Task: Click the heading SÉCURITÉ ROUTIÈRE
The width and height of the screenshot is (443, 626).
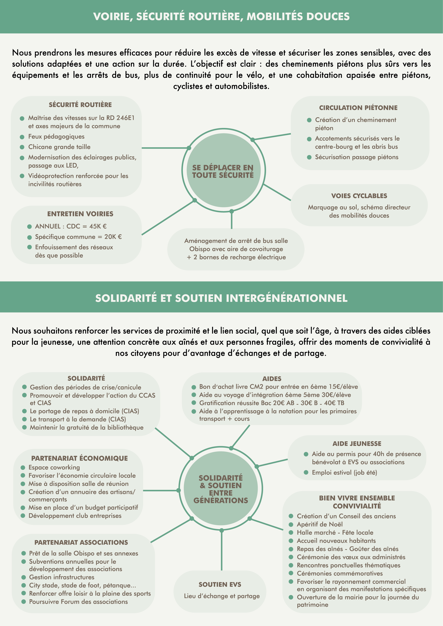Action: pos(80,105)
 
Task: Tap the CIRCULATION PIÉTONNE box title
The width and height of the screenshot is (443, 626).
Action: pos(358,108)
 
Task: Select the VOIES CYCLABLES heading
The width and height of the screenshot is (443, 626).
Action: pos(359,196)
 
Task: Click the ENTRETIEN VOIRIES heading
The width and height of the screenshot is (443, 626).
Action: pos(80,214)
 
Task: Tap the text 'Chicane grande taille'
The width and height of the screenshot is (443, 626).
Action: pos(59,147)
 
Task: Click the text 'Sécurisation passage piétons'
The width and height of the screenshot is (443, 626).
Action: pos(357,157)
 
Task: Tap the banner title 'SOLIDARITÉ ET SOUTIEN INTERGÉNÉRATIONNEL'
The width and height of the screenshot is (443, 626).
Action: pos(221,298)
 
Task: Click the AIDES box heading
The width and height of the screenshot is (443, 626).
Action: pos(272,379)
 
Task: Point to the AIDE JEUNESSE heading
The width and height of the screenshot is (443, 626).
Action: pos(357,444)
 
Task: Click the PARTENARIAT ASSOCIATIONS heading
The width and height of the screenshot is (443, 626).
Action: pos(81,542)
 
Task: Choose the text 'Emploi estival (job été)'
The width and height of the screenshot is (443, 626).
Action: pos(344,473)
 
